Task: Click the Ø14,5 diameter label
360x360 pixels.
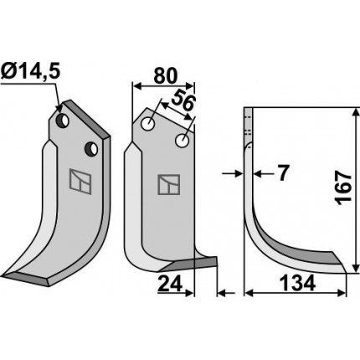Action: [30, 73]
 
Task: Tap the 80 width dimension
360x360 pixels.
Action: [166, 76]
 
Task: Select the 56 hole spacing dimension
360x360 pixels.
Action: [183, 102]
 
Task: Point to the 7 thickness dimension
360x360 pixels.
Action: [282, 173]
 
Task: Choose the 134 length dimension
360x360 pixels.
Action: [297, 283]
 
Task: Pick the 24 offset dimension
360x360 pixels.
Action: [170, 284]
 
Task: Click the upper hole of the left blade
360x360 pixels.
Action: [63, 121]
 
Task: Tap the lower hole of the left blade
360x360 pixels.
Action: [92, 149]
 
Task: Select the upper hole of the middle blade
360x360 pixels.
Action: [148, 124]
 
